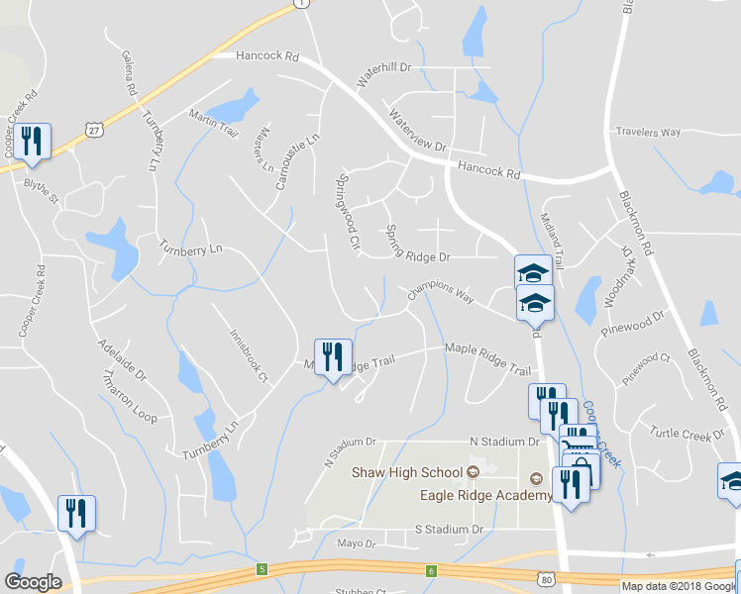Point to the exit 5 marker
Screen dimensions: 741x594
[x=262, y=569]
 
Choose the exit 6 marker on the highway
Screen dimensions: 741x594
[x=431, y=570]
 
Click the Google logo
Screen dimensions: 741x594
[x=33, y=582]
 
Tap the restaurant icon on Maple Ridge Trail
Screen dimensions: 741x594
[x=333, y=357]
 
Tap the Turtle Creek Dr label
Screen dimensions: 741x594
[x=688, y=435]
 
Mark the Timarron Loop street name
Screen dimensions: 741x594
[x=130, y=398]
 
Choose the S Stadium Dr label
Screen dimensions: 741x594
[x=449, y=530]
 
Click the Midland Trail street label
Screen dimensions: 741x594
[x=553, y=243]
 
